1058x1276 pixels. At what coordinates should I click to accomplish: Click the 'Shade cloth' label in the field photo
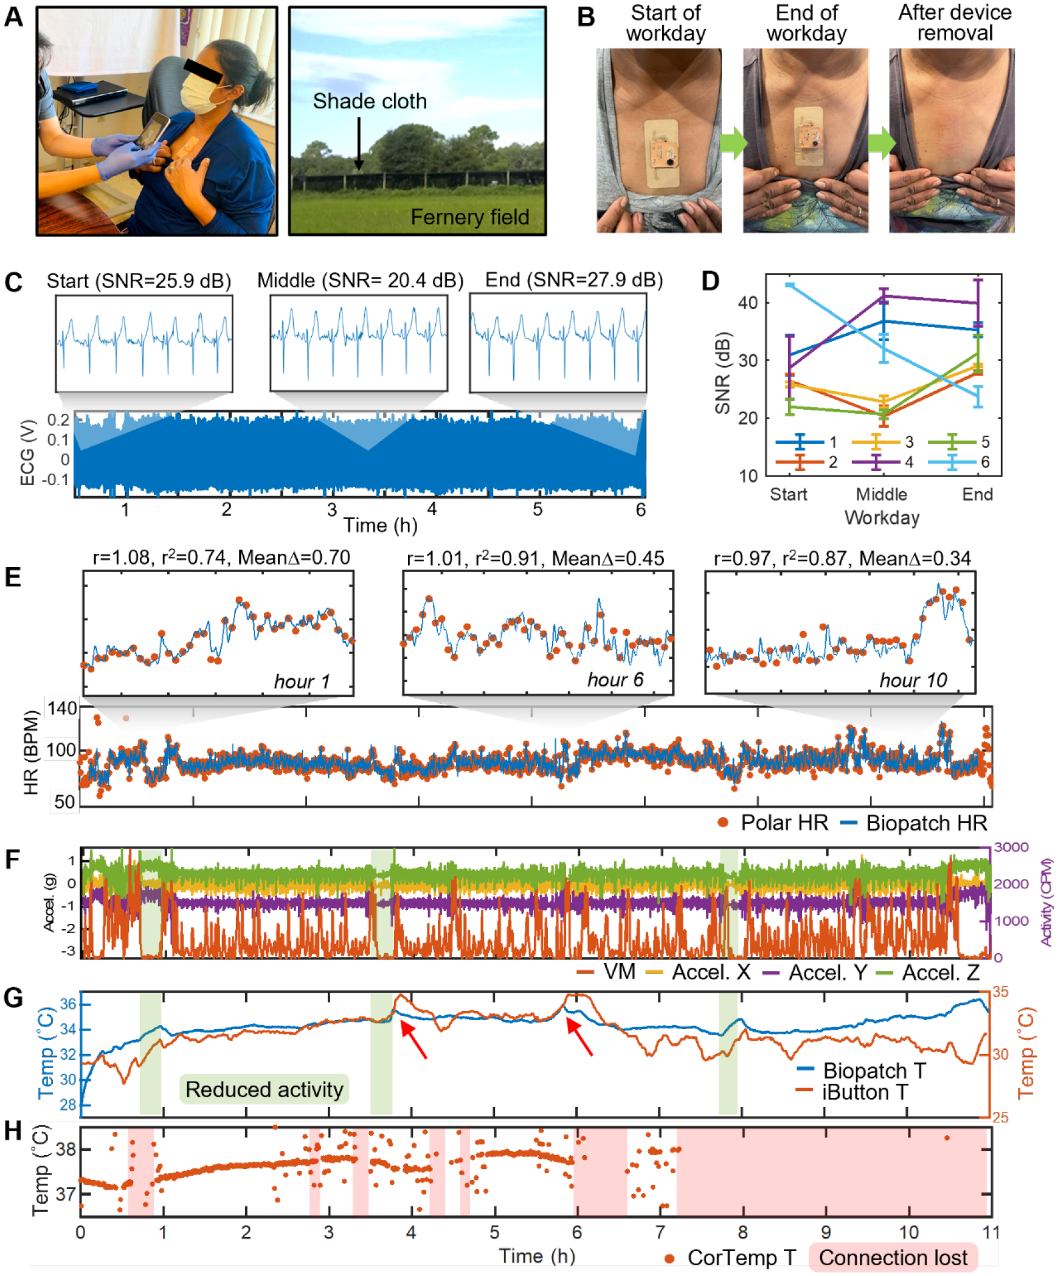(x=370, y=101)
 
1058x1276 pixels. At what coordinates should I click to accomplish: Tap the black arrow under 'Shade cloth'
(x=359, y=143)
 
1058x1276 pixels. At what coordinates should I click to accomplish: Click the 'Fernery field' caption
(x=469, y=217)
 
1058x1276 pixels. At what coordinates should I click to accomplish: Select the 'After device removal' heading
(x=955, y=22)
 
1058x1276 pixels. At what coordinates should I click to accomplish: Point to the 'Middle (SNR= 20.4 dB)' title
(x=360, y=280)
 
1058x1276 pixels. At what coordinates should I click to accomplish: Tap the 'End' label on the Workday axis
(x=977, y=494)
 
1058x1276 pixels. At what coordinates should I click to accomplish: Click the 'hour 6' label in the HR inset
(x=615, y=680)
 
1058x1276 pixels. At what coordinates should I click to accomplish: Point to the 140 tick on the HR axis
(x=63, y=708)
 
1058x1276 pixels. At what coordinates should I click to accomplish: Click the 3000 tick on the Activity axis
(x=1011, y=847)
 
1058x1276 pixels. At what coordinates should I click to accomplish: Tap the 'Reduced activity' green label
(x=264, y=1089)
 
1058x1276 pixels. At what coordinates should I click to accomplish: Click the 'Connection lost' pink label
(x=893, y=1257)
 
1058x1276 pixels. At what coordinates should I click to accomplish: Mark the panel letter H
(x=13, y=1131)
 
